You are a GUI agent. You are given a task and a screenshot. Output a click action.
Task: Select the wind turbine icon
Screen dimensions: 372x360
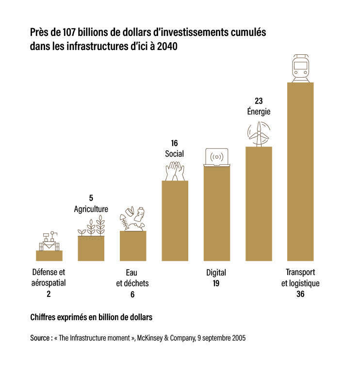pyautogui.click(x=259, y=133)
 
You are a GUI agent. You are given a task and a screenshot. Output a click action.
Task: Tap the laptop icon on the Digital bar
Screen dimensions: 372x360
pyautogui.click(x=216, y=158)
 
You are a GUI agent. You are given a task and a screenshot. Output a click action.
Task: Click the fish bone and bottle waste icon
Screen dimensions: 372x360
pyautogui.click(x=132, y=219)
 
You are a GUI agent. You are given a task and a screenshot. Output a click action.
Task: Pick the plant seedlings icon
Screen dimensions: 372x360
pyautogui.click(x=91, y=227)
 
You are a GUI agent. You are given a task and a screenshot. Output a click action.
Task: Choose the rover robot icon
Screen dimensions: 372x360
pyautogui.click(x=49, y=241)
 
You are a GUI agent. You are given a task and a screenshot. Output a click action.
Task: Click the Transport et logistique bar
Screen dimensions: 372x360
pyautogui.click(x=300, y=172)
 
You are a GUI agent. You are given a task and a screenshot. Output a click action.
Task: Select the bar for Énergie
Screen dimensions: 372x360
pyautogui.click(x=259, y=204)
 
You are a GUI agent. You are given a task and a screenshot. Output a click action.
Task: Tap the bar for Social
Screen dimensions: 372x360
pyautogui.click(x=175, y=221)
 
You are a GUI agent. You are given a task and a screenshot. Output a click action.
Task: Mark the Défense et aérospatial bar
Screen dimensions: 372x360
pyautogui.click(x=49, y=256)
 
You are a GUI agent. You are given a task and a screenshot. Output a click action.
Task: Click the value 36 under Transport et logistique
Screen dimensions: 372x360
pyautogui.click(x=300, y=294)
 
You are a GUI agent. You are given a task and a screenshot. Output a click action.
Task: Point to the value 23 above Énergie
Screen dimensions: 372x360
pyautogui.click(x=259, y=101)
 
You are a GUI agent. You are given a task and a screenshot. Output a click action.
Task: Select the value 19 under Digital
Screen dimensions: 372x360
pyautogui.click(x=216, y=283)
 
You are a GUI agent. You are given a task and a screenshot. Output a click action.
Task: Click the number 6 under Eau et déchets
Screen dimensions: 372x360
pyautogui.click(x=132, y=294)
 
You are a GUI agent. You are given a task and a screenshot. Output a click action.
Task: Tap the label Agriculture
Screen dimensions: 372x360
pyautogui.click(x=91, y=209)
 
